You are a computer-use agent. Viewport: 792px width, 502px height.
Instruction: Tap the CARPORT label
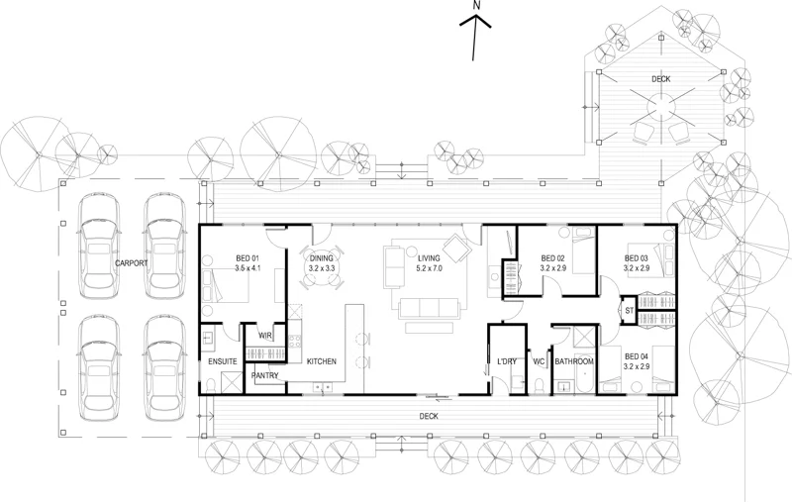(x=132, y=263)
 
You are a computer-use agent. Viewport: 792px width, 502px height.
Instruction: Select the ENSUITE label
(x=222, y=362)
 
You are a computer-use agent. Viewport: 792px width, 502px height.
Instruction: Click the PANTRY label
(x=265, y=376)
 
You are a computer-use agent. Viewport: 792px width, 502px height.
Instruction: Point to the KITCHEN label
(x=322, y=362)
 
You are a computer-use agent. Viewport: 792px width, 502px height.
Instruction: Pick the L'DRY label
(x=507, y=362)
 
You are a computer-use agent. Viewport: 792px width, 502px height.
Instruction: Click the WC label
(x=539, y=362)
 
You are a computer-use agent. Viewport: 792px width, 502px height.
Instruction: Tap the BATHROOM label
(x=574, y=362)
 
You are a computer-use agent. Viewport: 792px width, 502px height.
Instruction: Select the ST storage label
(x=628, y=311)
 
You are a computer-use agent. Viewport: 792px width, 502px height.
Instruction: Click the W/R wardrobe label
(x=265, y=337)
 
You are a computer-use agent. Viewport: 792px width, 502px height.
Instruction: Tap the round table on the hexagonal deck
(x=660, y=102)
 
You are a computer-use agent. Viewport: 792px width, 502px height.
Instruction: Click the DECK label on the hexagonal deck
(x=661, y=78)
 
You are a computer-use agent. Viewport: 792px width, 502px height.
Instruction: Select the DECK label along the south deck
(x=429, y=417)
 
